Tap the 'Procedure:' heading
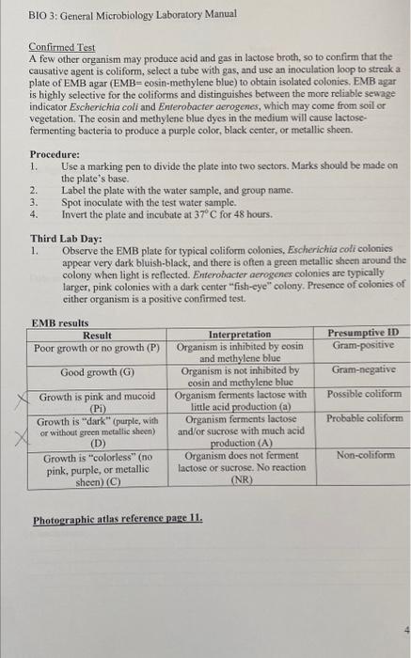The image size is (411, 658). click(x=55, y=153)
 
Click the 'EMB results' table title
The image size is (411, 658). click(x=59, y=322)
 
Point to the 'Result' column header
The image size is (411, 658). click(x=97, y=335)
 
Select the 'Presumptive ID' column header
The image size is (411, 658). click(x=362, y=333)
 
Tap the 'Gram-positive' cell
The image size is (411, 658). click(x=361, y=345)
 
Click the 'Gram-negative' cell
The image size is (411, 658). click(x=361, y=370)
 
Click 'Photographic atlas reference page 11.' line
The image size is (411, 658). click(x=104, y=520)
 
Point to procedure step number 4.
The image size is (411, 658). click(x=34, y=214)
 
